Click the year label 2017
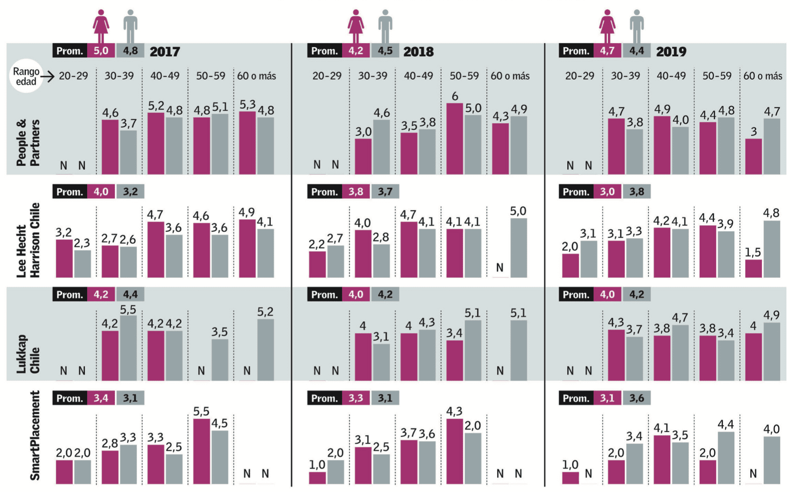click(165, 51)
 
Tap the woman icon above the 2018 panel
click(356, 26)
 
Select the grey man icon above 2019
click(636, 26)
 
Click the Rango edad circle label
click(26, 76)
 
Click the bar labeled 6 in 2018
click(454, 139)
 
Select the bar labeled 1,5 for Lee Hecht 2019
click(753, 268)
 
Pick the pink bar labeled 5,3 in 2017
click(247, 143)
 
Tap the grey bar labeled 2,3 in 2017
click(82, 264)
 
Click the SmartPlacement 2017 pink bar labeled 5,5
click(202, 451)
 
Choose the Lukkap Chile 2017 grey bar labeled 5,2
click(266, 349)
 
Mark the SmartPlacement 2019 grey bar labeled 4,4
click(726, 458)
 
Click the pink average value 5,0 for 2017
click(101, 51)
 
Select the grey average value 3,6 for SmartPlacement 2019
click(636, 398)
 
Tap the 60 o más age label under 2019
click(763, 76)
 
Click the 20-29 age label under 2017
click(74, 76)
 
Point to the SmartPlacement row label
click(35, 435)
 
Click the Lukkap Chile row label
click(28, 354)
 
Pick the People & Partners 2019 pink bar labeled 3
click(753, 156)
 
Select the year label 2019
click(671, 51)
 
